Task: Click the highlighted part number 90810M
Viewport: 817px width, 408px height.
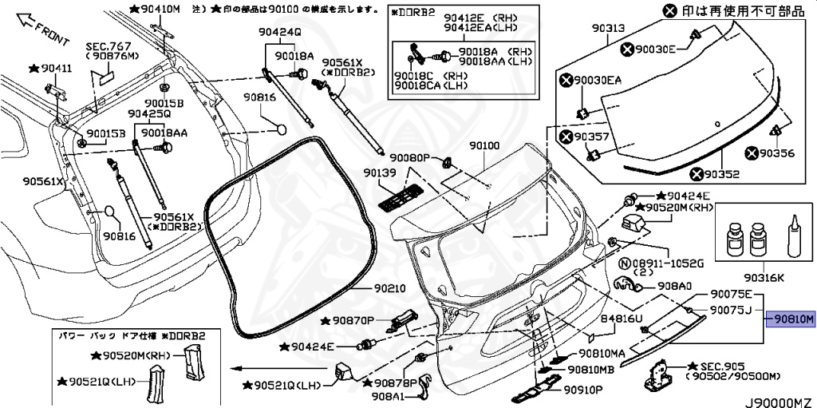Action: [x=791, y=319]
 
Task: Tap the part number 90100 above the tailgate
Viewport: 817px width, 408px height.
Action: [x=483, y=147]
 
